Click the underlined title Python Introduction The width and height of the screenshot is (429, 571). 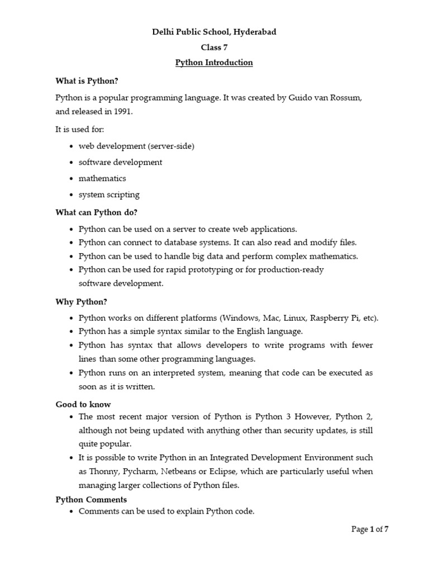coord(214,62)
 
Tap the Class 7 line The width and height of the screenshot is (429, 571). coord(214,47)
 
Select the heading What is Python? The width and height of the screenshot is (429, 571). coord(87,81)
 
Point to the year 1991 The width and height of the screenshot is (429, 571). coord(124,112)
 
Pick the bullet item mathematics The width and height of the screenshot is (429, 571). coord(102,178)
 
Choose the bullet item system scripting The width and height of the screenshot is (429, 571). coord(109,195)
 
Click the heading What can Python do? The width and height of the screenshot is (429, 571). coord(96,212)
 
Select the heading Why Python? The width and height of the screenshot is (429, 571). coord(81,302)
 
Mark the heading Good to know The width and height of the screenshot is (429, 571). coord(83,404)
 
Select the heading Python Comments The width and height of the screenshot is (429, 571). coord(91,500)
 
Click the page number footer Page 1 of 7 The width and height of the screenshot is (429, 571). coord(369,530)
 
